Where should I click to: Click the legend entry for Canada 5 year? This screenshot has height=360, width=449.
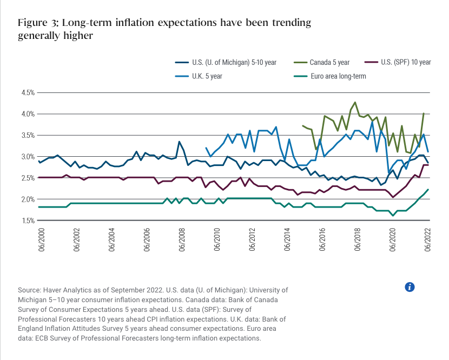[x=329, y=63]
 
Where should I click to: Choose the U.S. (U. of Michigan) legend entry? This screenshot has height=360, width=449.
[x=234, y=63]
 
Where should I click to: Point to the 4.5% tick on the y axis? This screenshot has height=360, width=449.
[x=28, y=93]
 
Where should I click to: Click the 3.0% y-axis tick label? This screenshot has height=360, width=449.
[x=28, y=157]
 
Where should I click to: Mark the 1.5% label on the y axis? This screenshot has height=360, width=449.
[x=28, y=221]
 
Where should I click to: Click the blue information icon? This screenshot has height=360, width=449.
[x=410, y=287]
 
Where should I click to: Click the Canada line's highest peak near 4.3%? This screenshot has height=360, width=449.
[x=355, y=102]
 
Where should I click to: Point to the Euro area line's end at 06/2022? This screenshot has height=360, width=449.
[x=428, y=189]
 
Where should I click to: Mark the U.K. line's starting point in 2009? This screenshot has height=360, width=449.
[x=206, y=148]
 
